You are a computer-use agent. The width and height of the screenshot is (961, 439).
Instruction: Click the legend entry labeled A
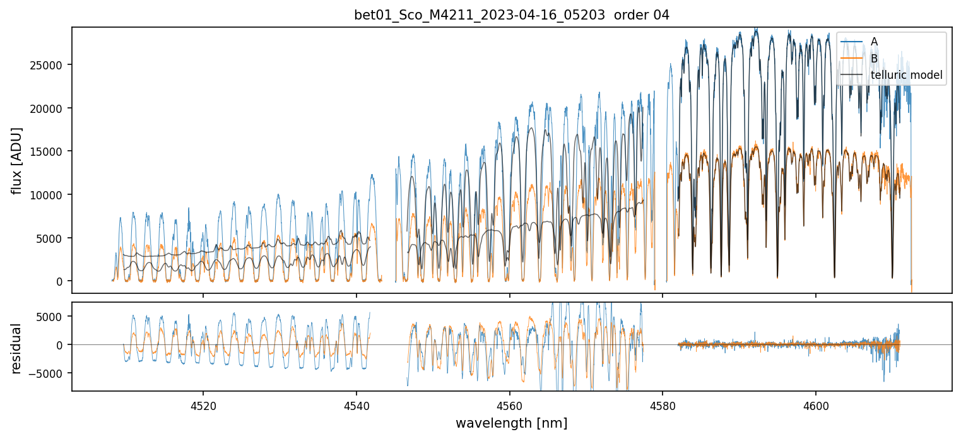click(874, 42)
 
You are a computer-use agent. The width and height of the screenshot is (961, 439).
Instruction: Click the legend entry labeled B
click(874, 59)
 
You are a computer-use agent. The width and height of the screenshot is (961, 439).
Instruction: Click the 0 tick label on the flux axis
click(61, 281)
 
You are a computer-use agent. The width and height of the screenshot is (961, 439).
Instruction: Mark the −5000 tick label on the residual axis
click(49, 373)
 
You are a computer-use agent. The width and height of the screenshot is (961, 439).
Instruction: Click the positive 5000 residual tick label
click(53, 317)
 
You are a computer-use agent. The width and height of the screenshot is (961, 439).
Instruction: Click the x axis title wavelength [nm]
click(511, 423)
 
